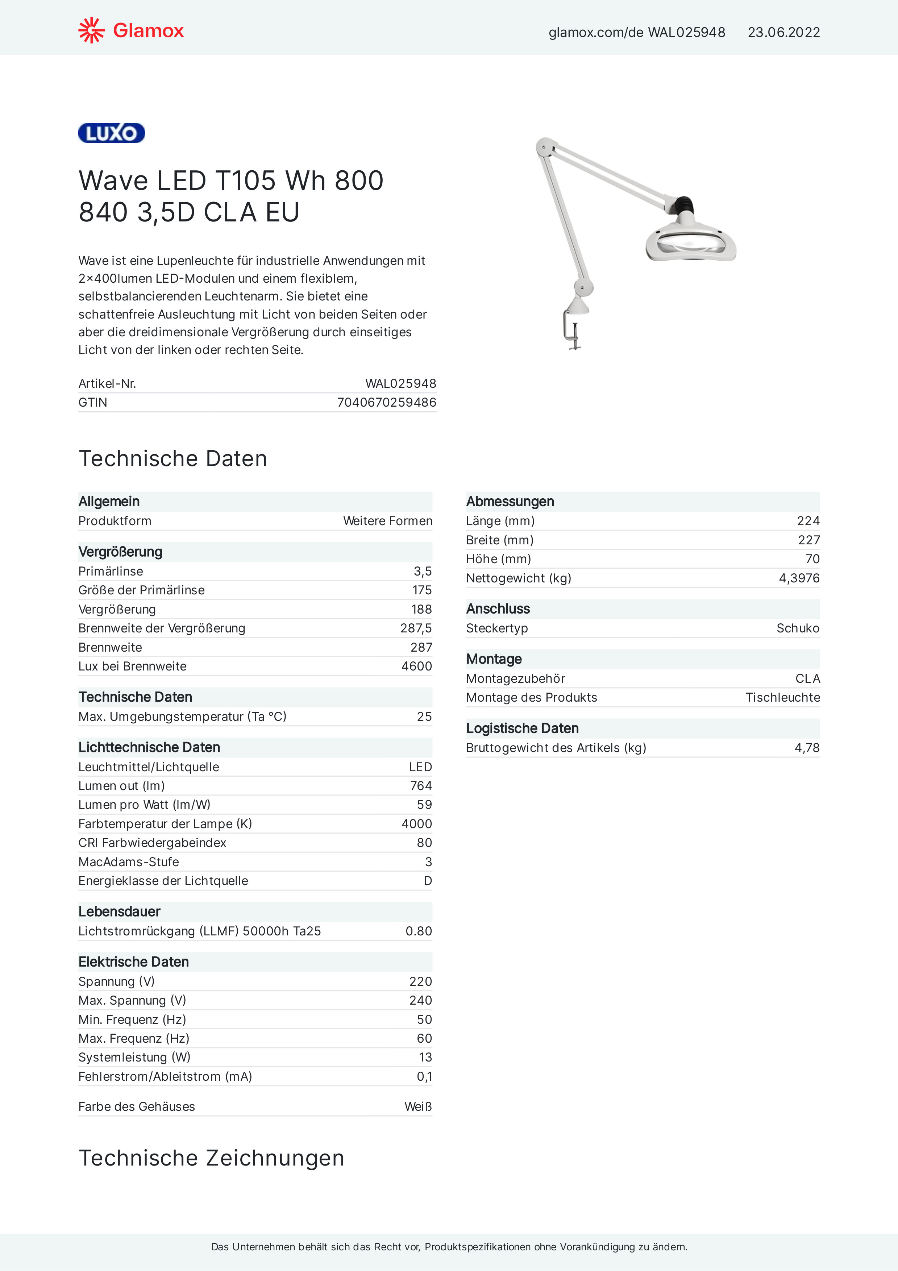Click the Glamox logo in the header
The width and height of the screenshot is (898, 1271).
tap(131, 30)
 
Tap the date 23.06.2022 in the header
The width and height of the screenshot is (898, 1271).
tap(783, 33)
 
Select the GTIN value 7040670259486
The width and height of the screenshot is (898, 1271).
tap(386, 402)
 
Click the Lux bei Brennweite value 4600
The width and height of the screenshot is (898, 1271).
tap(416, 666)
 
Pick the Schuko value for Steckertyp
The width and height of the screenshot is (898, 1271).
tap(797, 628)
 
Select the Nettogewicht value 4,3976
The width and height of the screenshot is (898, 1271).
tap(799, 578)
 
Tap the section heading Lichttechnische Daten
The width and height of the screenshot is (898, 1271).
tap(149, 747)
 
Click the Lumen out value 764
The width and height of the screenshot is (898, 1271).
tap(421, 786)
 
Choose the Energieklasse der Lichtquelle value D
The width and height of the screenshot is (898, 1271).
tap(427, 881)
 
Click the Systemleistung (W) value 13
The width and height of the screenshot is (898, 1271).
tap(425, 1057)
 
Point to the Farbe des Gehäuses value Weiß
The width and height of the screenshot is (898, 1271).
tap(417, 1106)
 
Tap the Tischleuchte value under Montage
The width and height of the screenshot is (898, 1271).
tap(782, 698)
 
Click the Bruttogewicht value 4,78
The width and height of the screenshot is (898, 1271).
tap(807, 748)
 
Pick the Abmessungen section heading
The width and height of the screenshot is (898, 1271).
tap(510, 502)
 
